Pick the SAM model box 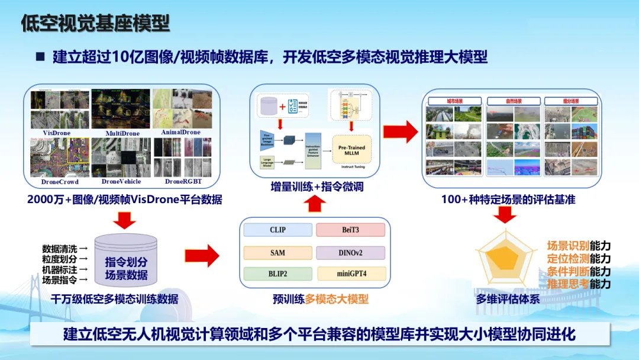coord(277,253)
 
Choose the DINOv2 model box coord(350,253)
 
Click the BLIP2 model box coord(277,274)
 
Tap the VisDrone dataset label coord(57,133)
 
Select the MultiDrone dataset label coord(122,133)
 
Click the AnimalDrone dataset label coord(180,132)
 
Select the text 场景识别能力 coord(578,246)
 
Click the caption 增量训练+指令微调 coord(314,187)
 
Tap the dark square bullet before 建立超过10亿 coord(40,57)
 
